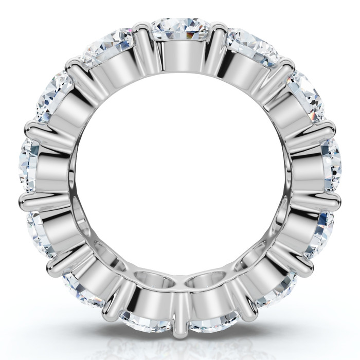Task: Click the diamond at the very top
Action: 179,29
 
